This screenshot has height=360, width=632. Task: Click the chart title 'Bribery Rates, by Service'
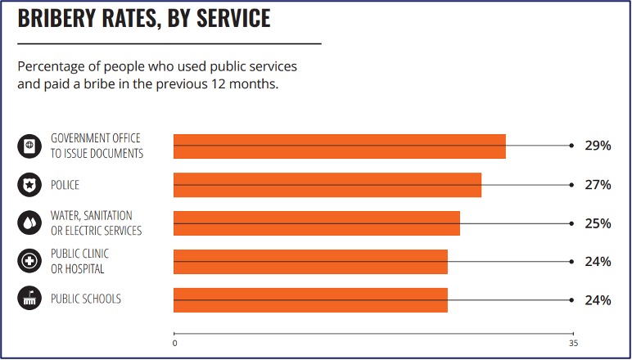(x=144, y=19)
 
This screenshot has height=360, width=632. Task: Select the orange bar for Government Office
(x=339, y=146)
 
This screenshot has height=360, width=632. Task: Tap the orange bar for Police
(x=327, y=185)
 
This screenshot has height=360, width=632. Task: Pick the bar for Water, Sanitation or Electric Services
(x=316, y=223)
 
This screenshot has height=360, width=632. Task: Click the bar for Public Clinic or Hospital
(x=310, y=262)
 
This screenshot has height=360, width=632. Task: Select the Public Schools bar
(x=310, y=300)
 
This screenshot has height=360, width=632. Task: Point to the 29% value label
(x=598, y=146)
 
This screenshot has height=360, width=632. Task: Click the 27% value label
(x=598, y=185)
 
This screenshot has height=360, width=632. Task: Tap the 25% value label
(x=598, y=223)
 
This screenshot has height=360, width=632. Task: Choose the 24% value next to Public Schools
(x=598, y=300)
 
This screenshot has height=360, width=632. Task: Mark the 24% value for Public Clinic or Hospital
(x=598, y=262)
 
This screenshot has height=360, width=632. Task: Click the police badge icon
(x=29, y=185)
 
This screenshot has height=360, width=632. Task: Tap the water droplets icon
(x=29, y=223)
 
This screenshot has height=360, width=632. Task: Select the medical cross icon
(x=29, y=262)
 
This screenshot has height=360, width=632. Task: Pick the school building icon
(x=29, y=299)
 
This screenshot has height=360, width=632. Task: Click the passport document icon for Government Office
(x=29, y=146)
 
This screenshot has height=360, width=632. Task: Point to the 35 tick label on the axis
(x=573, y=343)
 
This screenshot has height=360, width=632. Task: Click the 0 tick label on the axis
(x=174, y=343)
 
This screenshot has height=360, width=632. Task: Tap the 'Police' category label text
(x=65, y=186)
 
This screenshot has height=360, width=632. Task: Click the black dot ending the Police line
(x=571, y=185)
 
